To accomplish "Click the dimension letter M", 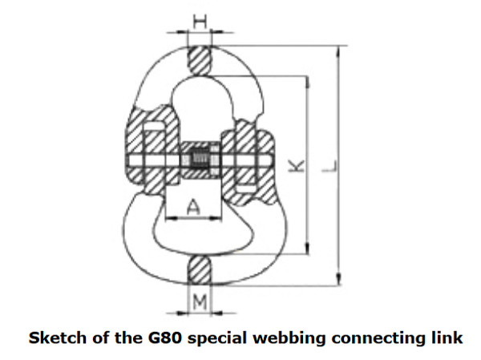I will coord(199,304).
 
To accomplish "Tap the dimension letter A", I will coord(194,207).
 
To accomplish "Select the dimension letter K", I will coord(296,166).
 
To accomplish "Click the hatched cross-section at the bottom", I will coord(199,269).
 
